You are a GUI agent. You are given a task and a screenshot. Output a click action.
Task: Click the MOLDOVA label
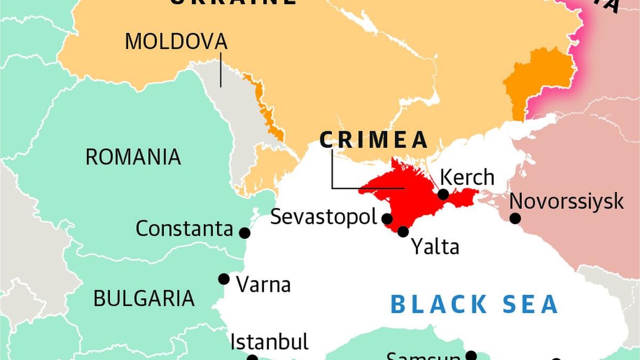[176, 41]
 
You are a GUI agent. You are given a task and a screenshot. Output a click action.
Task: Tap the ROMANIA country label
[133, 157]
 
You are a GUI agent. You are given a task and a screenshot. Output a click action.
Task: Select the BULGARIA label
[144, 298]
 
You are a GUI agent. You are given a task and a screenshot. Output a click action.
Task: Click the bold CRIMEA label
[374, 140]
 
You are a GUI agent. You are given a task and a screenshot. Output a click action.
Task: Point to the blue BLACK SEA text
[475, 304]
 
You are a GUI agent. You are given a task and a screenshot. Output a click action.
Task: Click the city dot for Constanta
[245, 233]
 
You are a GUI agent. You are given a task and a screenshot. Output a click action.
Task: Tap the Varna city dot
[224, 279]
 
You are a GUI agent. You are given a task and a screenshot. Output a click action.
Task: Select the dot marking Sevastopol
[388, 219]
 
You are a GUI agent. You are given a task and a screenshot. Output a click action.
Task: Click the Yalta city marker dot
[403, 231]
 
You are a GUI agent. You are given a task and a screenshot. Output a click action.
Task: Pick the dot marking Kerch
[443, 195]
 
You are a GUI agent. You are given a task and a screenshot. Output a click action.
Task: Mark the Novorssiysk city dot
[515, 218]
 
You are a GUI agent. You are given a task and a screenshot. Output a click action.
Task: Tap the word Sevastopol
[324, 217]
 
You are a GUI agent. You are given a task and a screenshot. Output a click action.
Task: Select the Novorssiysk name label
[566, 202]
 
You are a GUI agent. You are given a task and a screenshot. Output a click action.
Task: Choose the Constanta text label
[185, 229]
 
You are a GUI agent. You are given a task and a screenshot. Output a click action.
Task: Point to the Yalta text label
[435, 247]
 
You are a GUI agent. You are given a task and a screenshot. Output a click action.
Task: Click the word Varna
[263, 284]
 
